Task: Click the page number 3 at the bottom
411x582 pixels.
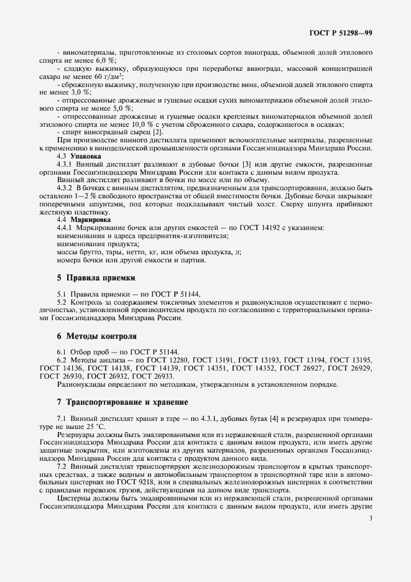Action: (x=370, y=517)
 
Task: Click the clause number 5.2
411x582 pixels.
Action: (x=62, y=303)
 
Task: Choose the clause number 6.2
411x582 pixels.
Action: (x=62, y=360)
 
